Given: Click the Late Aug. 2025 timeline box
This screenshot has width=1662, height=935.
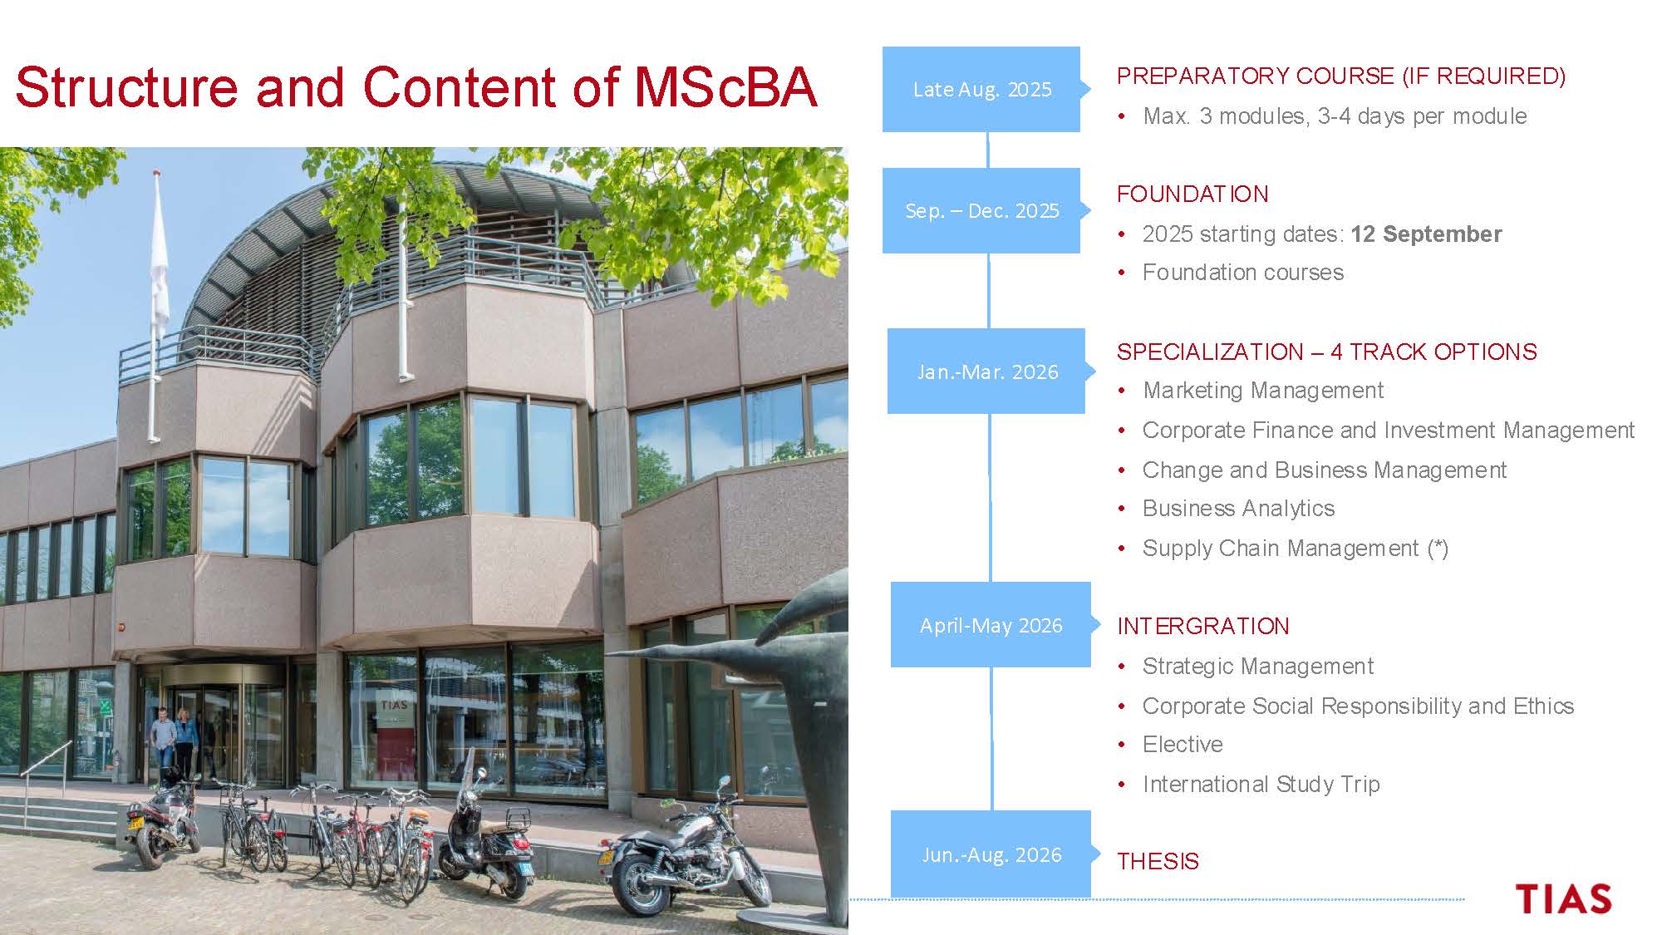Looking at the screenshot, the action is point(981,89).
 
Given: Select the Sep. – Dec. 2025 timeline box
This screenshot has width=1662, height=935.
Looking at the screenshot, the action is point(981,210).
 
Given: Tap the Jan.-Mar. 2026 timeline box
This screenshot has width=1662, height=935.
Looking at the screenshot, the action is point(986,372).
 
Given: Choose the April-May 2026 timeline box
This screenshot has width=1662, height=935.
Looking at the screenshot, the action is point(991,625).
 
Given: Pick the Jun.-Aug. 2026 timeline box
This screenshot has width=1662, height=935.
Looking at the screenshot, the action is point(991,854).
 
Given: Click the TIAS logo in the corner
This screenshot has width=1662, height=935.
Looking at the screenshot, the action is point(1563,899).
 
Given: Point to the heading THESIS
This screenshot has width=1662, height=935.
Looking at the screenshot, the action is point(1158,861).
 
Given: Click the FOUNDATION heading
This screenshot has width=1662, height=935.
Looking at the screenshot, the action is point(1192,194).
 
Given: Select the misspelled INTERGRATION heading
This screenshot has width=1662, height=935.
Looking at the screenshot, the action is point(1202,626).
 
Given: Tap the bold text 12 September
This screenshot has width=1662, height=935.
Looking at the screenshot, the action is point(1426,234).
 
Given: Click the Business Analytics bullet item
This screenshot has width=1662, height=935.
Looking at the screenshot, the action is point(1238,509).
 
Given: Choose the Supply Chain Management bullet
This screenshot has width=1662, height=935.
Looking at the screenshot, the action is point(1296,549).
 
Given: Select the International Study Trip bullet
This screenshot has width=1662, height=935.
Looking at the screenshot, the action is point(1261,784).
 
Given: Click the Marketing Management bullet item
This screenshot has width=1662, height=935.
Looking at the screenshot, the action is point(1263,391).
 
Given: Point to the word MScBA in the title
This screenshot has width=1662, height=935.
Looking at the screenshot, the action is point(725,86).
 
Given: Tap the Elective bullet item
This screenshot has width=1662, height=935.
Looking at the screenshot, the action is point(1183,744).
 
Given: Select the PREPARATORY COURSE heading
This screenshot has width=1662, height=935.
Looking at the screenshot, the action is point(1341,76).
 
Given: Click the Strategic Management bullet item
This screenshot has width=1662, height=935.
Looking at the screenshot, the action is point(1257,667).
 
